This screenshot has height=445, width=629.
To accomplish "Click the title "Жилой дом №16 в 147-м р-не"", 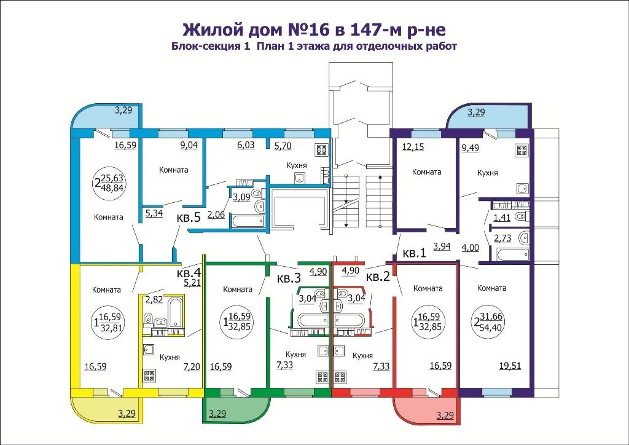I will [x=314, y=30].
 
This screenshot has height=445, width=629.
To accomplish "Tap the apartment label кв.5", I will [x=189, y=218].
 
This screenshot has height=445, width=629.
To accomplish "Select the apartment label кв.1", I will [x=414, y=252].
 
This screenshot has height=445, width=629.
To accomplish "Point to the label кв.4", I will [x=189, y=272].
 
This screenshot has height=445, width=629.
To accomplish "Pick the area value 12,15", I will [x=413, y=146].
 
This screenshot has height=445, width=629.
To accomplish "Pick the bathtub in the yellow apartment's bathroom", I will [x=174, y=312].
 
